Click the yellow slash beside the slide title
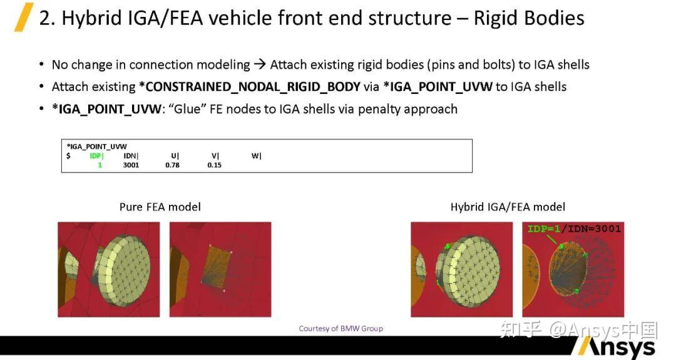24,18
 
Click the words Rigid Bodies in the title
529,18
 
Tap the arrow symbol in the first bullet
260,64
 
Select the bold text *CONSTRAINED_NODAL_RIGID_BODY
250,86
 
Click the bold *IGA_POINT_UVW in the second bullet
438,86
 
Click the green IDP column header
96,156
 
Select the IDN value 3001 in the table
131,165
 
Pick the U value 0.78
173,165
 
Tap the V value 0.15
214,165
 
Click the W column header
257,156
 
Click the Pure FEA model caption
160,207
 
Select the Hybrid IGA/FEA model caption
508,207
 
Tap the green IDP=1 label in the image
544,229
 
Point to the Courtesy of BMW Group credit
341,329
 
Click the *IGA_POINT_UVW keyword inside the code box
96,147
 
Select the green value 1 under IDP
100,165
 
